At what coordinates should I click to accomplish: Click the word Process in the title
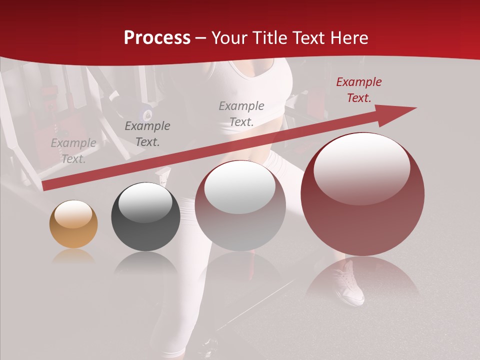point(157,38)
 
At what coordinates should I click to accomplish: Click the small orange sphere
point(73,224)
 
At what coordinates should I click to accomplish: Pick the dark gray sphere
point(145,216)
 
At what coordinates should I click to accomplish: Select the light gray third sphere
point(240,205)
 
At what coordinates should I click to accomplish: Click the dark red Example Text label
point(358,90)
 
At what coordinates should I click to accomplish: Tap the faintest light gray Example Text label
point(73,151)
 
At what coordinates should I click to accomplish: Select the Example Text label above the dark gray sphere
point(147,134)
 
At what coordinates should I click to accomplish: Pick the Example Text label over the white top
point(241,113)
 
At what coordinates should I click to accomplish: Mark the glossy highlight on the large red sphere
point(362,167)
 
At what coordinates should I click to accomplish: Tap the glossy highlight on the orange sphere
point(73,214)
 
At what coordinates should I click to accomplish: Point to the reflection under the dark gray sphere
point(145,262)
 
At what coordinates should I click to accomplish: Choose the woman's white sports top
point(260,80)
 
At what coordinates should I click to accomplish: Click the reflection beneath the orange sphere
point(73,256)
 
